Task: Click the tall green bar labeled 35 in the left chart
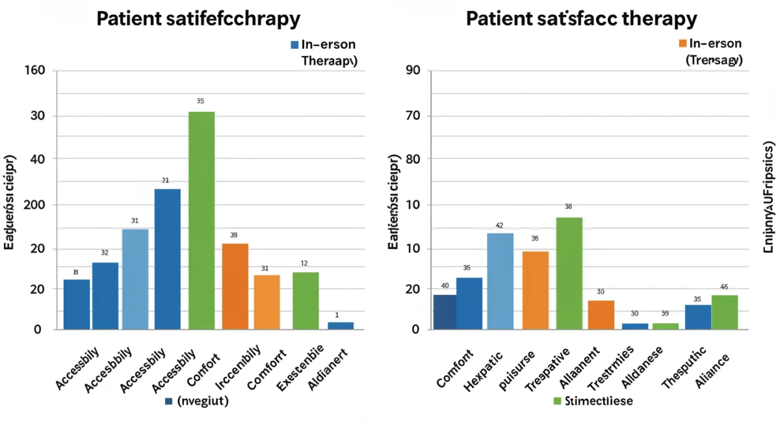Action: click(201, 221)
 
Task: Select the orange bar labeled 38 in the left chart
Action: click(235, 287)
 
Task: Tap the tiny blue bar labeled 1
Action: click(341, 326)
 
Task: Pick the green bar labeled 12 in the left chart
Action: click(305, 301)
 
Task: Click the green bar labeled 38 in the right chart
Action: click(569, 274)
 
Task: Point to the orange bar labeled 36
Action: click(536, 290)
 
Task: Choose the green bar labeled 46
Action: click(725, 313)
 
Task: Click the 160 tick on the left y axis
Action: click(34, 70)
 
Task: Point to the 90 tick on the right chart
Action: click(413, 70)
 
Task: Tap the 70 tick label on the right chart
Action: click(413, 116)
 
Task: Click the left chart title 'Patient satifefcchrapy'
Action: click(198, 18)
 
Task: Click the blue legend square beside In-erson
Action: click(294, 45)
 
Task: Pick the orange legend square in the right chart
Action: click(682, 44)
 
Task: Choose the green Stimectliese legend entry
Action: click(591, 401)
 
